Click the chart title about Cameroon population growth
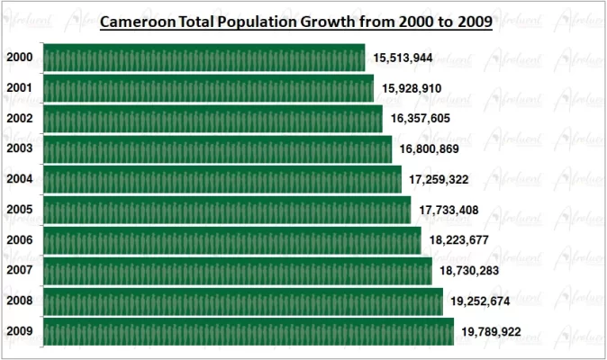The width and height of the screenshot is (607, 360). [295, 22]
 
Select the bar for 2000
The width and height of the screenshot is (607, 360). [204, 58]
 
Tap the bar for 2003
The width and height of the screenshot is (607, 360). [217, 148]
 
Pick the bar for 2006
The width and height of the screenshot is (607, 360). [231, 240]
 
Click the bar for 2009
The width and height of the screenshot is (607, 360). [248, 331]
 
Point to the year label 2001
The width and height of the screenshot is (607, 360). [20, 88]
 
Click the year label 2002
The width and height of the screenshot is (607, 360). [20, 119]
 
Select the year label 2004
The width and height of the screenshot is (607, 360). [20, 179]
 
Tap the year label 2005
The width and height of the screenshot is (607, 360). [20, 210]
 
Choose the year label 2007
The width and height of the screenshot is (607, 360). [20, 271]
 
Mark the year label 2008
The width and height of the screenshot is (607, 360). [20, 301]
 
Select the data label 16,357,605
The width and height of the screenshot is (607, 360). [421, 119]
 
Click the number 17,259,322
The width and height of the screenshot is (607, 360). [439, 180]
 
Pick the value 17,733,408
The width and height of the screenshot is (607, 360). [448, 211]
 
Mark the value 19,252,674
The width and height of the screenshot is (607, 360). [480, 302]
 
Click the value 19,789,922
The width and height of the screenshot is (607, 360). [491, 333]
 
